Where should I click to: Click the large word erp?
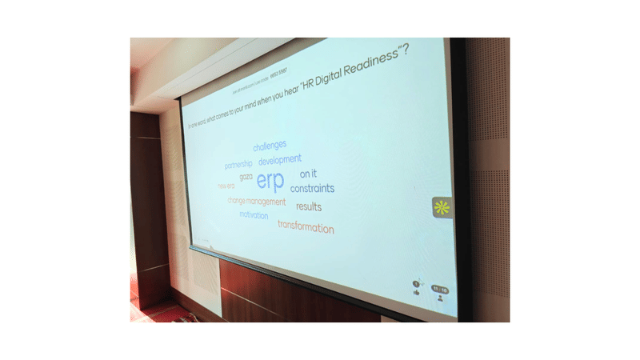pos(270,181)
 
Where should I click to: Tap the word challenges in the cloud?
pos(270,146)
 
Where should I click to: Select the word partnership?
pos(238,165)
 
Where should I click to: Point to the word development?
pos(280,161)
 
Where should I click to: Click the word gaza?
pos(246,176)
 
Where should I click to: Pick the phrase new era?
pos(226,186)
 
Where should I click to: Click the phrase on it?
pos(309,174)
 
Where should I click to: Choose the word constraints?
pos(312,189)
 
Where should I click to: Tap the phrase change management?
pos(256,202)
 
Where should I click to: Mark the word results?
pos(309,206)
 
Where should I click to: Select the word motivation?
pos(254,214)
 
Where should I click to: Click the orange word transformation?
pos(306,227)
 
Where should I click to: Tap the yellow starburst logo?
pos(442,207)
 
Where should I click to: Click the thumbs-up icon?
pos(417,293)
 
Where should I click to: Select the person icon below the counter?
pos(440,298)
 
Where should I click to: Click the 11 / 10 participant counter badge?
pos(439,289)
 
